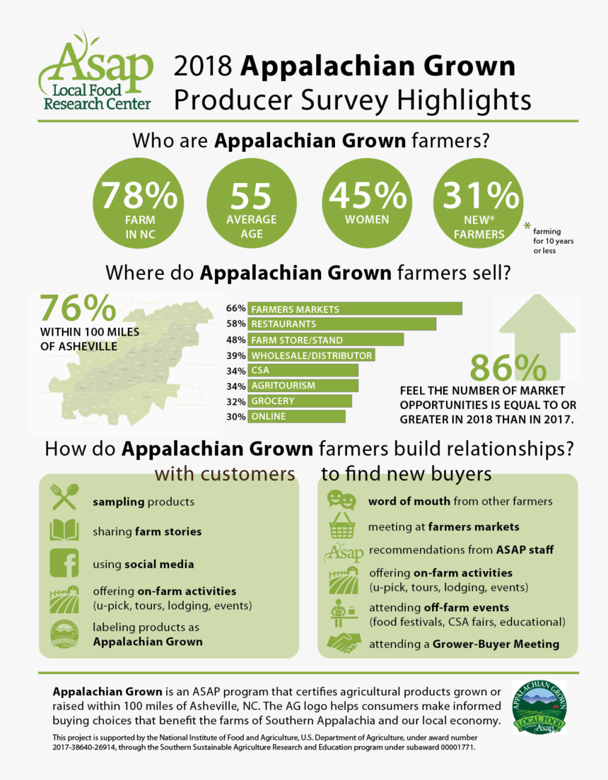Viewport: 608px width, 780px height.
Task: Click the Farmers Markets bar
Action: coord(355,309)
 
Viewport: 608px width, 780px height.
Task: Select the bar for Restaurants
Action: coord(342,324)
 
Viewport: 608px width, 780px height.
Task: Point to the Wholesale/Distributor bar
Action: coord(311,355)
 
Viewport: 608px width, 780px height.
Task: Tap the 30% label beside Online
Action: coord(235,417)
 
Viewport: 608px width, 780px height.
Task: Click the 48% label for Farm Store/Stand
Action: coord(235,340)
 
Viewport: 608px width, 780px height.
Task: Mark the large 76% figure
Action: coord(77,309)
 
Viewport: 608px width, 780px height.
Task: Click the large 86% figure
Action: coord(508,369)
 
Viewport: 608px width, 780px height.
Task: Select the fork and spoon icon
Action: coord(64,498)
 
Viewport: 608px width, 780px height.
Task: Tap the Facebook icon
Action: coord(64,563)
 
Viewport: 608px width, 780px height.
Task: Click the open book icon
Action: coord(64,531)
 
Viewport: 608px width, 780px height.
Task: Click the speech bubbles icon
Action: coord(341,500)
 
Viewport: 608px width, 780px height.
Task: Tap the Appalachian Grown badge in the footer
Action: coord(539,707)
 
